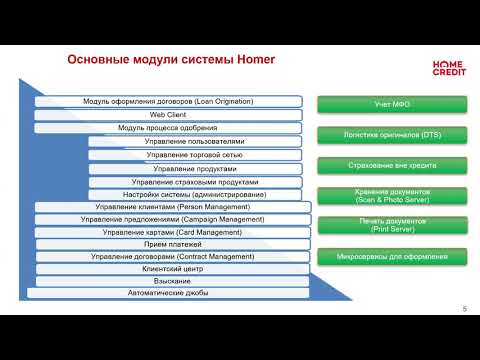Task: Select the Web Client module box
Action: pos(168,115)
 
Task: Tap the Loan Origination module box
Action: pos(168,102)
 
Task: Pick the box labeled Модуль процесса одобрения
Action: pos(168,128)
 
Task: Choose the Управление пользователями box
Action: pos(194,142)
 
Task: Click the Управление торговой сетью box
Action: pos(194,155)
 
